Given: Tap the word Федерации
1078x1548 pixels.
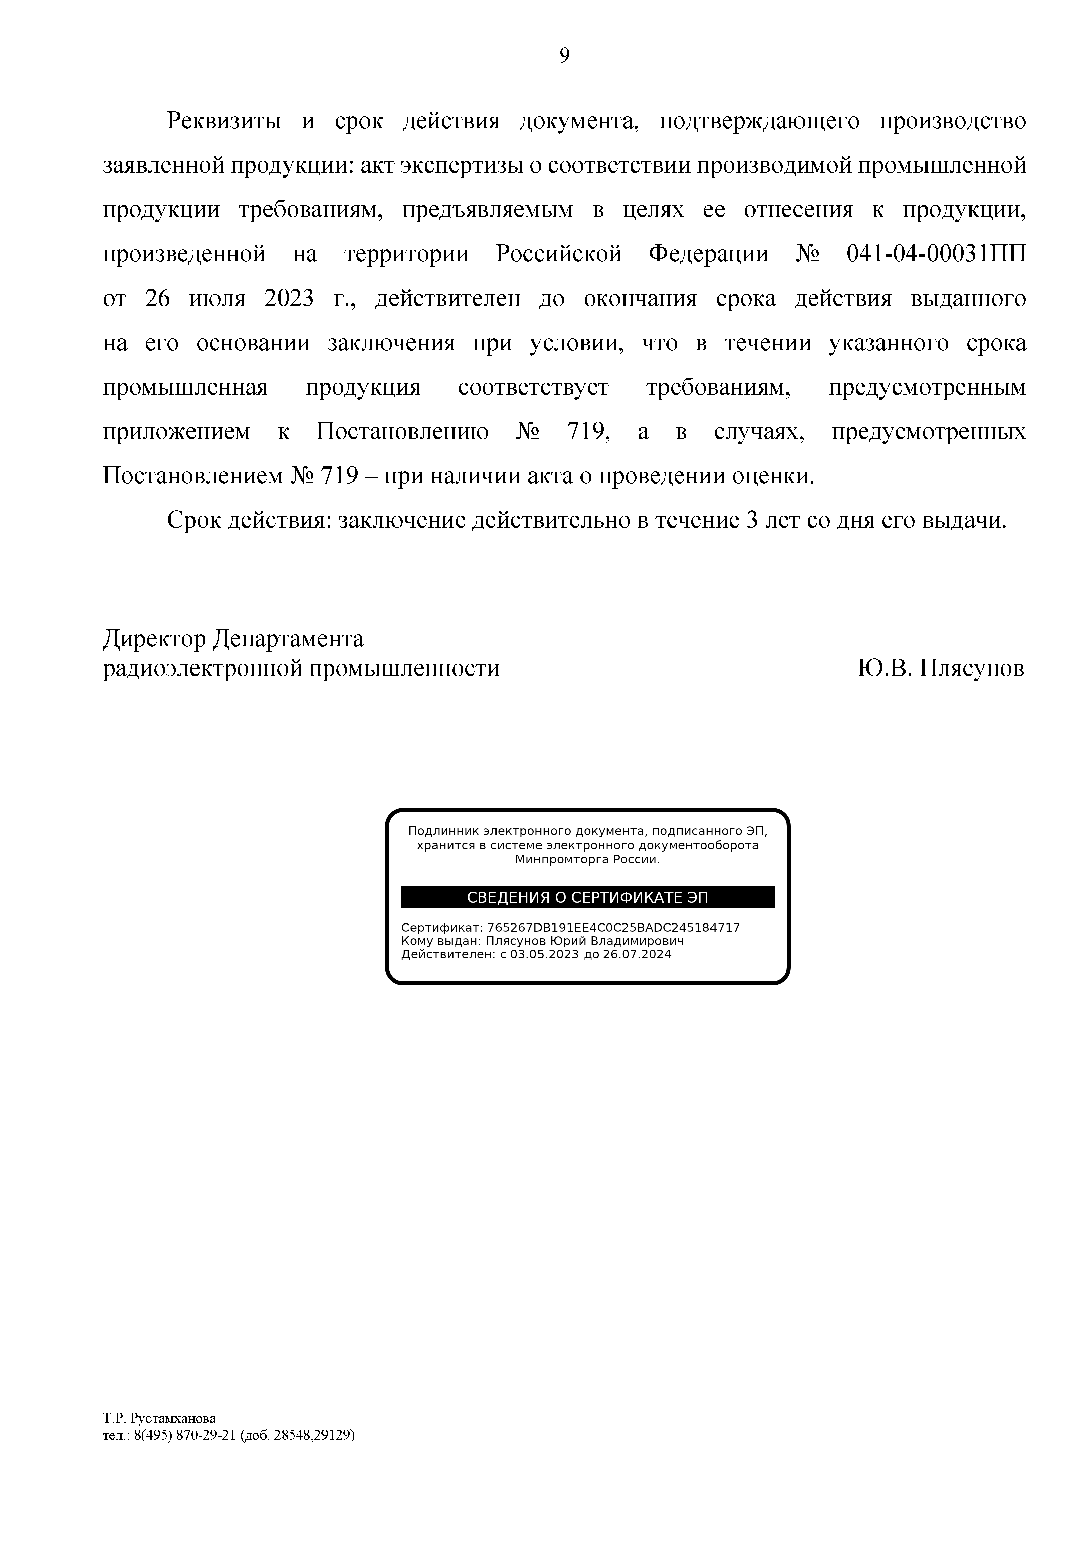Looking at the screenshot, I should (x=708, y=254).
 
